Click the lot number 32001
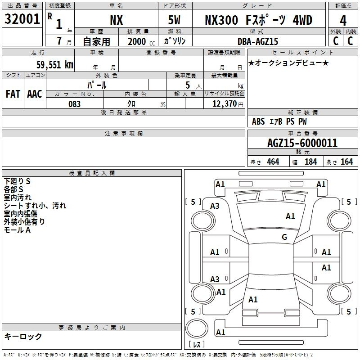coord(22,19)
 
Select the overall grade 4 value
coord(343,21)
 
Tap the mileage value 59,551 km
coord(55,65)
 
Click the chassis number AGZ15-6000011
coord(302,143)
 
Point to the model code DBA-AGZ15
coord(257,41)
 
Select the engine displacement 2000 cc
coord(141,41)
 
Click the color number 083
coord(75,104)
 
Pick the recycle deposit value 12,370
coord(224,104)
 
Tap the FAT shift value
coord(13,94)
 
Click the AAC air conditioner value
coord(35,94)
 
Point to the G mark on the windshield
coord(284,237)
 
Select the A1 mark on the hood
coord(290,216)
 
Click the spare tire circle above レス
coord(197,328)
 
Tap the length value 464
coord(273,162)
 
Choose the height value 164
coord(346,162)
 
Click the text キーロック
coord(23,337)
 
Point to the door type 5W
coord(174,20)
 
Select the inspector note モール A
coord(17,230)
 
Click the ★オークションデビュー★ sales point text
coord(288,63)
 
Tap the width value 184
coord(310,162)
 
